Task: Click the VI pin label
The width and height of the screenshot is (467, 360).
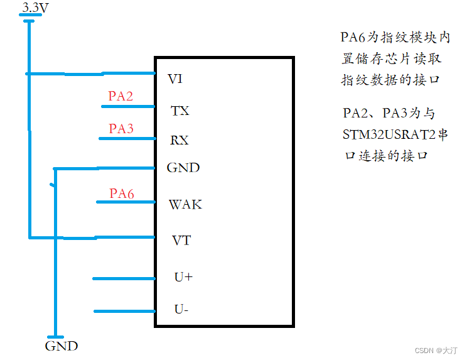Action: pyautogui.click(x=175, y=79)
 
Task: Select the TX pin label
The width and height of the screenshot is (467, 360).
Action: pyautogui.click(x=180, y=111)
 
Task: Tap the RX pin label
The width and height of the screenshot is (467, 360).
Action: pyautogui.click(x=180, y=140)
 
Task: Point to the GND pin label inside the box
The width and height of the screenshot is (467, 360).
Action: pyautogui.click(x=183, y=168)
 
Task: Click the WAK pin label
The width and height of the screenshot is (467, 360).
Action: pyautogui.click(x=185, y=205)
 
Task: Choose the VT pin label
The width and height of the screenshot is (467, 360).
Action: pyautogui.click(x=181, y=241)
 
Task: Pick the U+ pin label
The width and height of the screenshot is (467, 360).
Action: pyautogui.click(x=183, y=276)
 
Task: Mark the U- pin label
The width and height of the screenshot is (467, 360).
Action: pyautogui.click(x=182, y=310)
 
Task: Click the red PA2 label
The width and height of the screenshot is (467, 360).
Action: pyautogui.click(x=121, y=96)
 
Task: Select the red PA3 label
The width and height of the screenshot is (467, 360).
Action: pyautogui.click(x=121, y=129)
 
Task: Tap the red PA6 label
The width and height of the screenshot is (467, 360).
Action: pyautogui.click(x=122, y=194)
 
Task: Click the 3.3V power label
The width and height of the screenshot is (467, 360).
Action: pyautogui.click(x=35, y=8)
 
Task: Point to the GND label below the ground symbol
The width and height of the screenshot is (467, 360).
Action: pyautogui.click(x=62, y=346)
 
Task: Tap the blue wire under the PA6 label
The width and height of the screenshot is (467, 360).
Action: pyautogui.click(x=126, y=202)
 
